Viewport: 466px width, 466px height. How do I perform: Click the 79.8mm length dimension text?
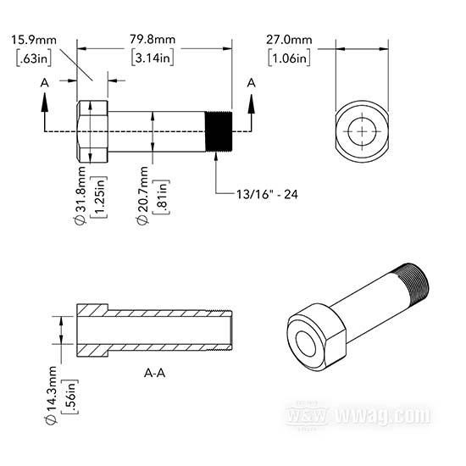pos(153,40)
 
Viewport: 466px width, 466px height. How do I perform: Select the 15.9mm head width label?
pos(34,40)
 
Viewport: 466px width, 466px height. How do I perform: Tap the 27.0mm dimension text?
pos(289,40)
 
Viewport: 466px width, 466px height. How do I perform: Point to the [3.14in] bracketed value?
pos(153,58)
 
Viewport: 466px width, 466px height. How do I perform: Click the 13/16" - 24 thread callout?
pos(267,194)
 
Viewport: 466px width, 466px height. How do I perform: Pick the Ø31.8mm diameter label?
pos(80,195)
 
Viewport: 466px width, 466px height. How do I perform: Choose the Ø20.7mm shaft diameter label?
pos(142,195)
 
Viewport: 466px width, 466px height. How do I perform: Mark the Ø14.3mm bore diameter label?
pos(51,395)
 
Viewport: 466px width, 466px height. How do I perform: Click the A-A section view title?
pos(154,373)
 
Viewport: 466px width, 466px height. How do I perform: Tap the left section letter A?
pos(45,83)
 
